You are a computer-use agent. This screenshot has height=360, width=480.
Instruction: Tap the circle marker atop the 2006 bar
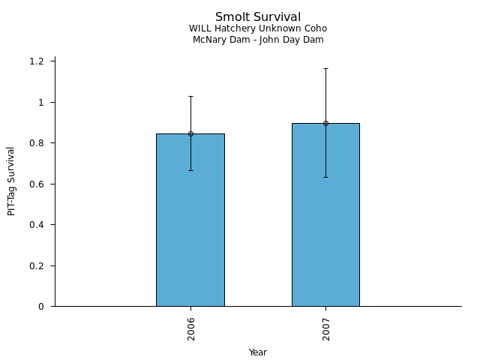[190, 133]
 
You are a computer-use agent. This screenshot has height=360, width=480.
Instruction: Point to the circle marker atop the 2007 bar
[325, 123]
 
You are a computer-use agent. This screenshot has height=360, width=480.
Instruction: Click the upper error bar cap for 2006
[190, 96]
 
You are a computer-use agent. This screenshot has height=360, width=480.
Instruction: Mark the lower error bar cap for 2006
[190, 170]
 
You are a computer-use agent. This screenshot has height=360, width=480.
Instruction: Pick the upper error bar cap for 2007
[325, 68]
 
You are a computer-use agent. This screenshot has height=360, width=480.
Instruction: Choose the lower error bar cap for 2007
[325, 177]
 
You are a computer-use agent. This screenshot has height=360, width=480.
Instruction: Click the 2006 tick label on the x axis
[191, 328]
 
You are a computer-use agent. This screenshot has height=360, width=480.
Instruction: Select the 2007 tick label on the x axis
[326, 328]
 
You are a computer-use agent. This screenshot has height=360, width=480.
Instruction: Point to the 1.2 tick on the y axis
[37, 61]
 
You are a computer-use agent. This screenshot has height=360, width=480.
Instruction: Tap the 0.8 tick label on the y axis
[37, 143]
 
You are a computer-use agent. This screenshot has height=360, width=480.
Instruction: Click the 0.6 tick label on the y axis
[37, 184]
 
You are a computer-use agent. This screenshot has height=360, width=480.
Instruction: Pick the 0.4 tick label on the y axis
[37, 225]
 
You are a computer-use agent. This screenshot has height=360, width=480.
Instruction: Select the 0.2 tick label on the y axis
[37, 265]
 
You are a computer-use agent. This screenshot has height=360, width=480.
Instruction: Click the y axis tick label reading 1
[42, 102]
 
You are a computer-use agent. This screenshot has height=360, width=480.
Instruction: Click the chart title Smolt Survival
[258, 17]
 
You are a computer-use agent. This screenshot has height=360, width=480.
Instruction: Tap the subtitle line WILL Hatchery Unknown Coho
[258, 28]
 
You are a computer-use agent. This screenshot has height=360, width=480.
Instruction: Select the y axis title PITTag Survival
[11, 181]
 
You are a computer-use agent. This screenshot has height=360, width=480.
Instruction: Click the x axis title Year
[258, 352]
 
